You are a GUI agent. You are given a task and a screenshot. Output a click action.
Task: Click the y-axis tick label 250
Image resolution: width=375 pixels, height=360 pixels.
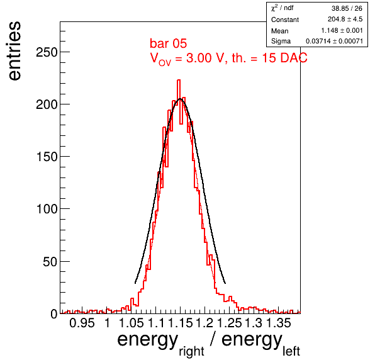point(47,52)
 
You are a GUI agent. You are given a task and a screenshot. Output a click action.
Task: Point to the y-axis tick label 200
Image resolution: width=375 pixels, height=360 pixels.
point(47,104)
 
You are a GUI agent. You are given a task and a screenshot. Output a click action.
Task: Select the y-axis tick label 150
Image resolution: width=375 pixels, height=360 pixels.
point(47,157)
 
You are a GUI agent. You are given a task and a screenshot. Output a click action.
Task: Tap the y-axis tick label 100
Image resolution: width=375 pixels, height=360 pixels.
point(47,209)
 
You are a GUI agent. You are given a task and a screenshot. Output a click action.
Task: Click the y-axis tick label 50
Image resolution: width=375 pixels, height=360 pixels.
point(50,262)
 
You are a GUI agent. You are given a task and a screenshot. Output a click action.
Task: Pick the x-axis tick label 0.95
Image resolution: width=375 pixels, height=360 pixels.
point(82,323)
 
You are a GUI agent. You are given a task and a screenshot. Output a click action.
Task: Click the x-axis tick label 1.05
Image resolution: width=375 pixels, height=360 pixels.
point(132,323)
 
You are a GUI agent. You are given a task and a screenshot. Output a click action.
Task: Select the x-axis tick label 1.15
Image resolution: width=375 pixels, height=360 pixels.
point(181,323)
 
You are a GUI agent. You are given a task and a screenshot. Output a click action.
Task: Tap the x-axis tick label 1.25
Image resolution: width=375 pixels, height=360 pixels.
point(230,323)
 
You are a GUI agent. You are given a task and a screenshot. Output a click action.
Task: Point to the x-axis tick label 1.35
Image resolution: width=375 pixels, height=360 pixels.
point(278,323)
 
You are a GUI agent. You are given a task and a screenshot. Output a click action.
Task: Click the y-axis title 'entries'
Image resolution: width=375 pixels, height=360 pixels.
point(15,51)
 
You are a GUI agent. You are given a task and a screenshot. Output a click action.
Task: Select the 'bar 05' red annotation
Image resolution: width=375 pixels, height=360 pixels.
point(169,43)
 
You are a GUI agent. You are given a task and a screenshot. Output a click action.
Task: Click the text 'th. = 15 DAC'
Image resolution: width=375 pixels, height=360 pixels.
point(269,58)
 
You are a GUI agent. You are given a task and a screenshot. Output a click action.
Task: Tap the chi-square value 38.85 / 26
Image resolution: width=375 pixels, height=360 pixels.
point(347,8)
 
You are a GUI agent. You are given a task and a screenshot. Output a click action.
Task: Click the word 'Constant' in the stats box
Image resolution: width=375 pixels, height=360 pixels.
point(285,20)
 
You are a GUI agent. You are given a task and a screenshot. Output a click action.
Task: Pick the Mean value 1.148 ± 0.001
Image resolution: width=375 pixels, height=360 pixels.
point(342,31)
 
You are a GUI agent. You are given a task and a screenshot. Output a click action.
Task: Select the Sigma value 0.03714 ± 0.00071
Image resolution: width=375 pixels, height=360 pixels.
point(334,41)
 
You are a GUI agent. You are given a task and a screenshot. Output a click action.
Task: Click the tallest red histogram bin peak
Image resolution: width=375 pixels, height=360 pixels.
point(179,80)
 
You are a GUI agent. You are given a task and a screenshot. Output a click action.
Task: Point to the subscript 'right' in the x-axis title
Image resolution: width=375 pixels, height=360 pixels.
point(191,352)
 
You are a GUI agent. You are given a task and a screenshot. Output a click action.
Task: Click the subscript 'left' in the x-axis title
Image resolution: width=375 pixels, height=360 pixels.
point(291,351)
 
